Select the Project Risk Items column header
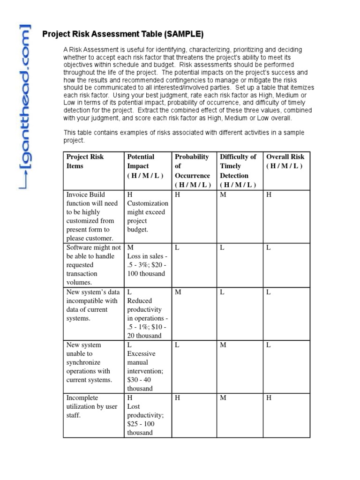tap(85, 161)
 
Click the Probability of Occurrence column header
tap(192, 171)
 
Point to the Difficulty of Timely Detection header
tap(238, 171)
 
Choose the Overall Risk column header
tap(285, 161)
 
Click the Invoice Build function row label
tap(93, 216)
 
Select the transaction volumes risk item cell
tap(93, 265)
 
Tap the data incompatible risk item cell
tap(92, 305)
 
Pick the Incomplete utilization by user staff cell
tap(93, 406)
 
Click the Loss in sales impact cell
tap(146, 265)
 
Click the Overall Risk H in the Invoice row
tap(269, 195)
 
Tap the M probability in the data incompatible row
tap(178, 292)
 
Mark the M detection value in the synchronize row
tap(223, 345)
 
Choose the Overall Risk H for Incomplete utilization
tap(269, 398)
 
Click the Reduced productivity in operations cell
tap(146, 314)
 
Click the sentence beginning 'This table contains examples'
tap(184, 136)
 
